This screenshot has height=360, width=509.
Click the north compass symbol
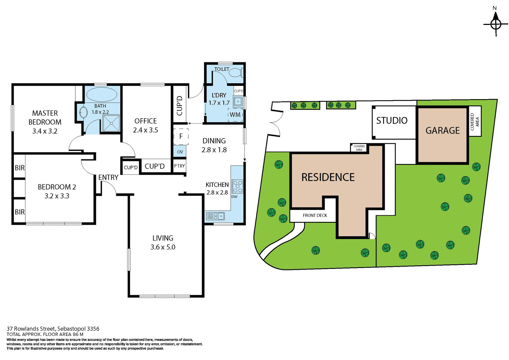pyautogui.click(x=495, y=24)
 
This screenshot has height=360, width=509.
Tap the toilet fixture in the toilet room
pyautogui.click(x=235, y=72)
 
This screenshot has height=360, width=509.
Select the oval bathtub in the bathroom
pyautogui.click(x=102, y=94)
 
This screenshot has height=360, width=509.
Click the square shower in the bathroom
pyautogui.click(x=111, y=123)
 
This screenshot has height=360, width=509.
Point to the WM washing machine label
pyautogui.click(x=235, y=115)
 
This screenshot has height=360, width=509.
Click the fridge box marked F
pyautogui.click(x=181, y=136)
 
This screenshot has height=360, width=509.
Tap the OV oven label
pyautogui.click(x=180, y=152)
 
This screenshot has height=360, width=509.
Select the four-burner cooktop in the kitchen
pyautogui.click(x=237, y=187)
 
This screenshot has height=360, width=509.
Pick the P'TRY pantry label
pyautogui.click(x=179, y=166)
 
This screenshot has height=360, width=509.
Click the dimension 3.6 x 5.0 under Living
pyautogui.click(x=163, y=247)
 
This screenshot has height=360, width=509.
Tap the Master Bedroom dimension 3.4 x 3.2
pyautogui.click(x=45, y=131)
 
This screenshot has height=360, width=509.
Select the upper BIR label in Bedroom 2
pyautogui.click(x=20, y=168)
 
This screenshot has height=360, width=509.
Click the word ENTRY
pyautogui.click(x=108, y=177)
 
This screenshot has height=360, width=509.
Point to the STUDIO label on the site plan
pyautogui.click(x=392, y=121)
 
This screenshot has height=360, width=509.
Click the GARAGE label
pyautogui.click(x=442, y=130)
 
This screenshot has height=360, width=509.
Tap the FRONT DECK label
pyautogui.click(x=315, y=215)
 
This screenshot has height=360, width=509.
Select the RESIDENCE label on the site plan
pyautogui.click(x=328, y=177)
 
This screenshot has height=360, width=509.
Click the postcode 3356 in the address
pyautogui.click(x=93, y=329)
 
